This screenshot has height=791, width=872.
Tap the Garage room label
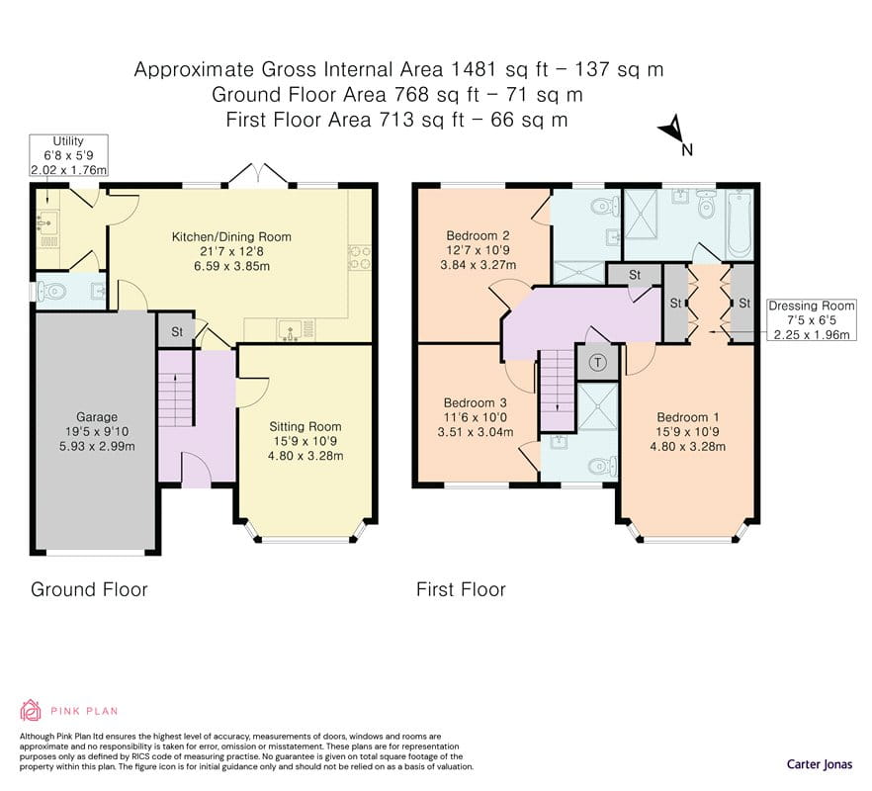(97, 416)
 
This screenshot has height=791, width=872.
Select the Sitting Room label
(305, 427)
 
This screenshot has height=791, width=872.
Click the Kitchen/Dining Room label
(231, 237)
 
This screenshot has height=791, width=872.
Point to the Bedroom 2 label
(478, 235)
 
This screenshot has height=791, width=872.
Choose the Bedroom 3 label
(475, 402)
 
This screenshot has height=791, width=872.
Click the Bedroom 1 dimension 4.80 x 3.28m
(688, 446)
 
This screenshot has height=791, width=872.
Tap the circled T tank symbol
(598, 363)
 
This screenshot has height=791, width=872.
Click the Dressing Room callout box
(812, 319)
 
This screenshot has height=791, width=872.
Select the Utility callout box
(68, 155)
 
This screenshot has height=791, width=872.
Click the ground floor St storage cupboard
(176, 331)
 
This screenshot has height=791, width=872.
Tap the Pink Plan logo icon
(31, 710)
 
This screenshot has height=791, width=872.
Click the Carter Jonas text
(820, 763)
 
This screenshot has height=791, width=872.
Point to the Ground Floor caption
(89, 589)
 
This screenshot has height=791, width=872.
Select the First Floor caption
(461, 589)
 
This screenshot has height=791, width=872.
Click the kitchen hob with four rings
(359, 257)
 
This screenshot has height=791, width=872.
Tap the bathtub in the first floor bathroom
(741, 224)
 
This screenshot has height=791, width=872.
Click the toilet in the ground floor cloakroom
(50, 291)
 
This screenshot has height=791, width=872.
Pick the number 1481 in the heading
(473, 69)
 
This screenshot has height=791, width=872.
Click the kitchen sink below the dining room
(291, 330)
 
